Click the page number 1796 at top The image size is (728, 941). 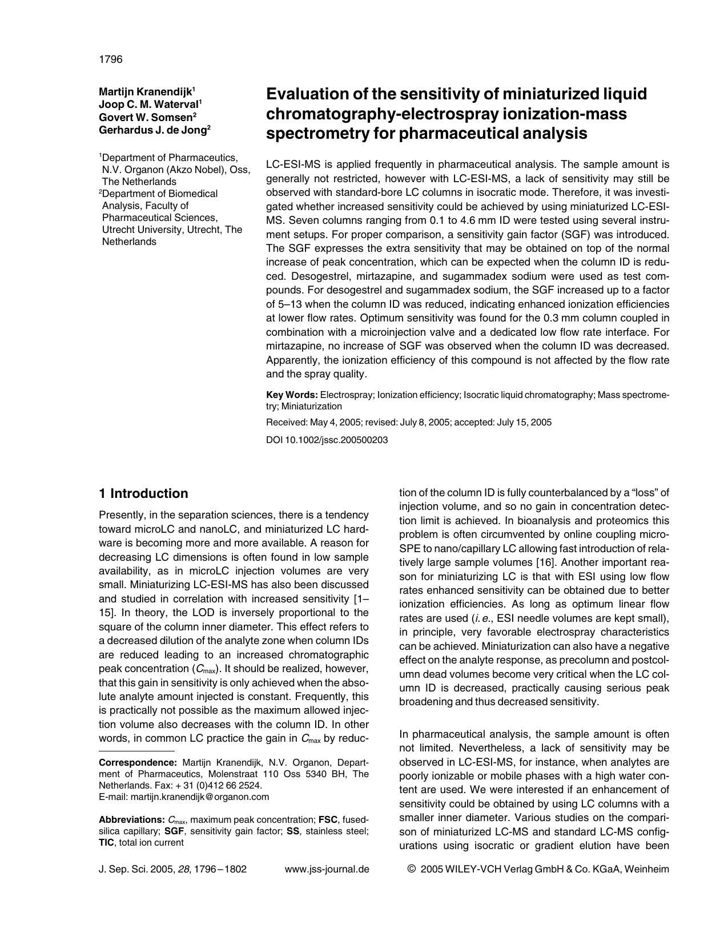[x=110, y=59]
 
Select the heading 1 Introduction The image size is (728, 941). [x=143, y=493]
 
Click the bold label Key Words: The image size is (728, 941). [x=292, y=395]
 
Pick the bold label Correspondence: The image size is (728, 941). [x=138, y=762]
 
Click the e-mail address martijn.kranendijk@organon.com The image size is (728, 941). [x=199, y=797]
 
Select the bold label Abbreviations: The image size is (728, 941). [x=131, y=819]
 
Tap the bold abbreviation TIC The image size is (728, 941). [x=107, y=842]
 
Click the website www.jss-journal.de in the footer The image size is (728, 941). [x=327, y=869]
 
